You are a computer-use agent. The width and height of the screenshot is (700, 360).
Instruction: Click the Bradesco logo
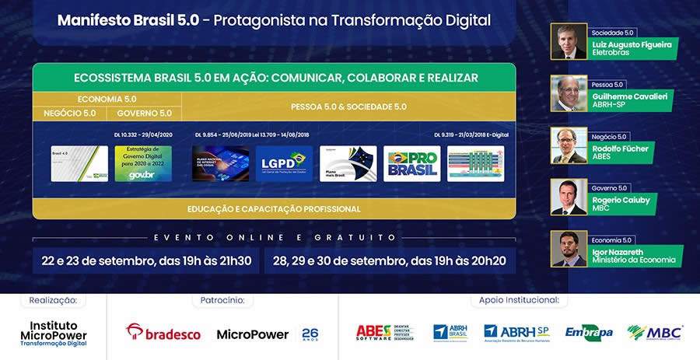(163, 333)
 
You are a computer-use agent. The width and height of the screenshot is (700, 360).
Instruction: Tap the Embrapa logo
(589, 333)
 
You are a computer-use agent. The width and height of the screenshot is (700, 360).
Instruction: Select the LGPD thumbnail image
(284, 163)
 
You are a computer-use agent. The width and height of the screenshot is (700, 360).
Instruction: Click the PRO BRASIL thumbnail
(411, 163)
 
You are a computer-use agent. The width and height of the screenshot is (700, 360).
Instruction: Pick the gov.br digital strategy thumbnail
(143, 163)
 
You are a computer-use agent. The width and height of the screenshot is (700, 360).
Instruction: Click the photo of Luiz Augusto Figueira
(569, 42)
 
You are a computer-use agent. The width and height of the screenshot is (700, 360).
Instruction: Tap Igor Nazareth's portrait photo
(569, 249)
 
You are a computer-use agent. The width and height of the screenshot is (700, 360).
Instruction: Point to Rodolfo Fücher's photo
(569, 145)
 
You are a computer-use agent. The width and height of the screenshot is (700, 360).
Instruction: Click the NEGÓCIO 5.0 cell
(69, 114)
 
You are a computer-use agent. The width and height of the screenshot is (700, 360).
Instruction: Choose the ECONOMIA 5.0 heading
(107, 99)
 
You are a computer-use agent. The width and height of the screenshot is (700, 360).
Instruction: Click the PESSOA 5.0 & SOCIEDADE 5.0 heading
(348, 107)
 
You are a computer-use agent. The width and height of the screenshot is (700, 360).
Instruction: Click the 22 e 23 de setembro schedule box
(147, 260)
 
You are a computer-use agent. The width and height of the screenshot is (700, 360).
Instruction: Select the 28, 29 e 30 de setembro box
(390, 260)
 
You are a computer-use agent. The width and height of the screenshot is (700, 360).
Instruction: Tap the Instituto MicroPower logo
(53, 332)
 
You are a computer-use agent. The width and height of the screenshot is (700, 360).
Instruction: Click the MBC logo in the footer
(655, 333)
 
